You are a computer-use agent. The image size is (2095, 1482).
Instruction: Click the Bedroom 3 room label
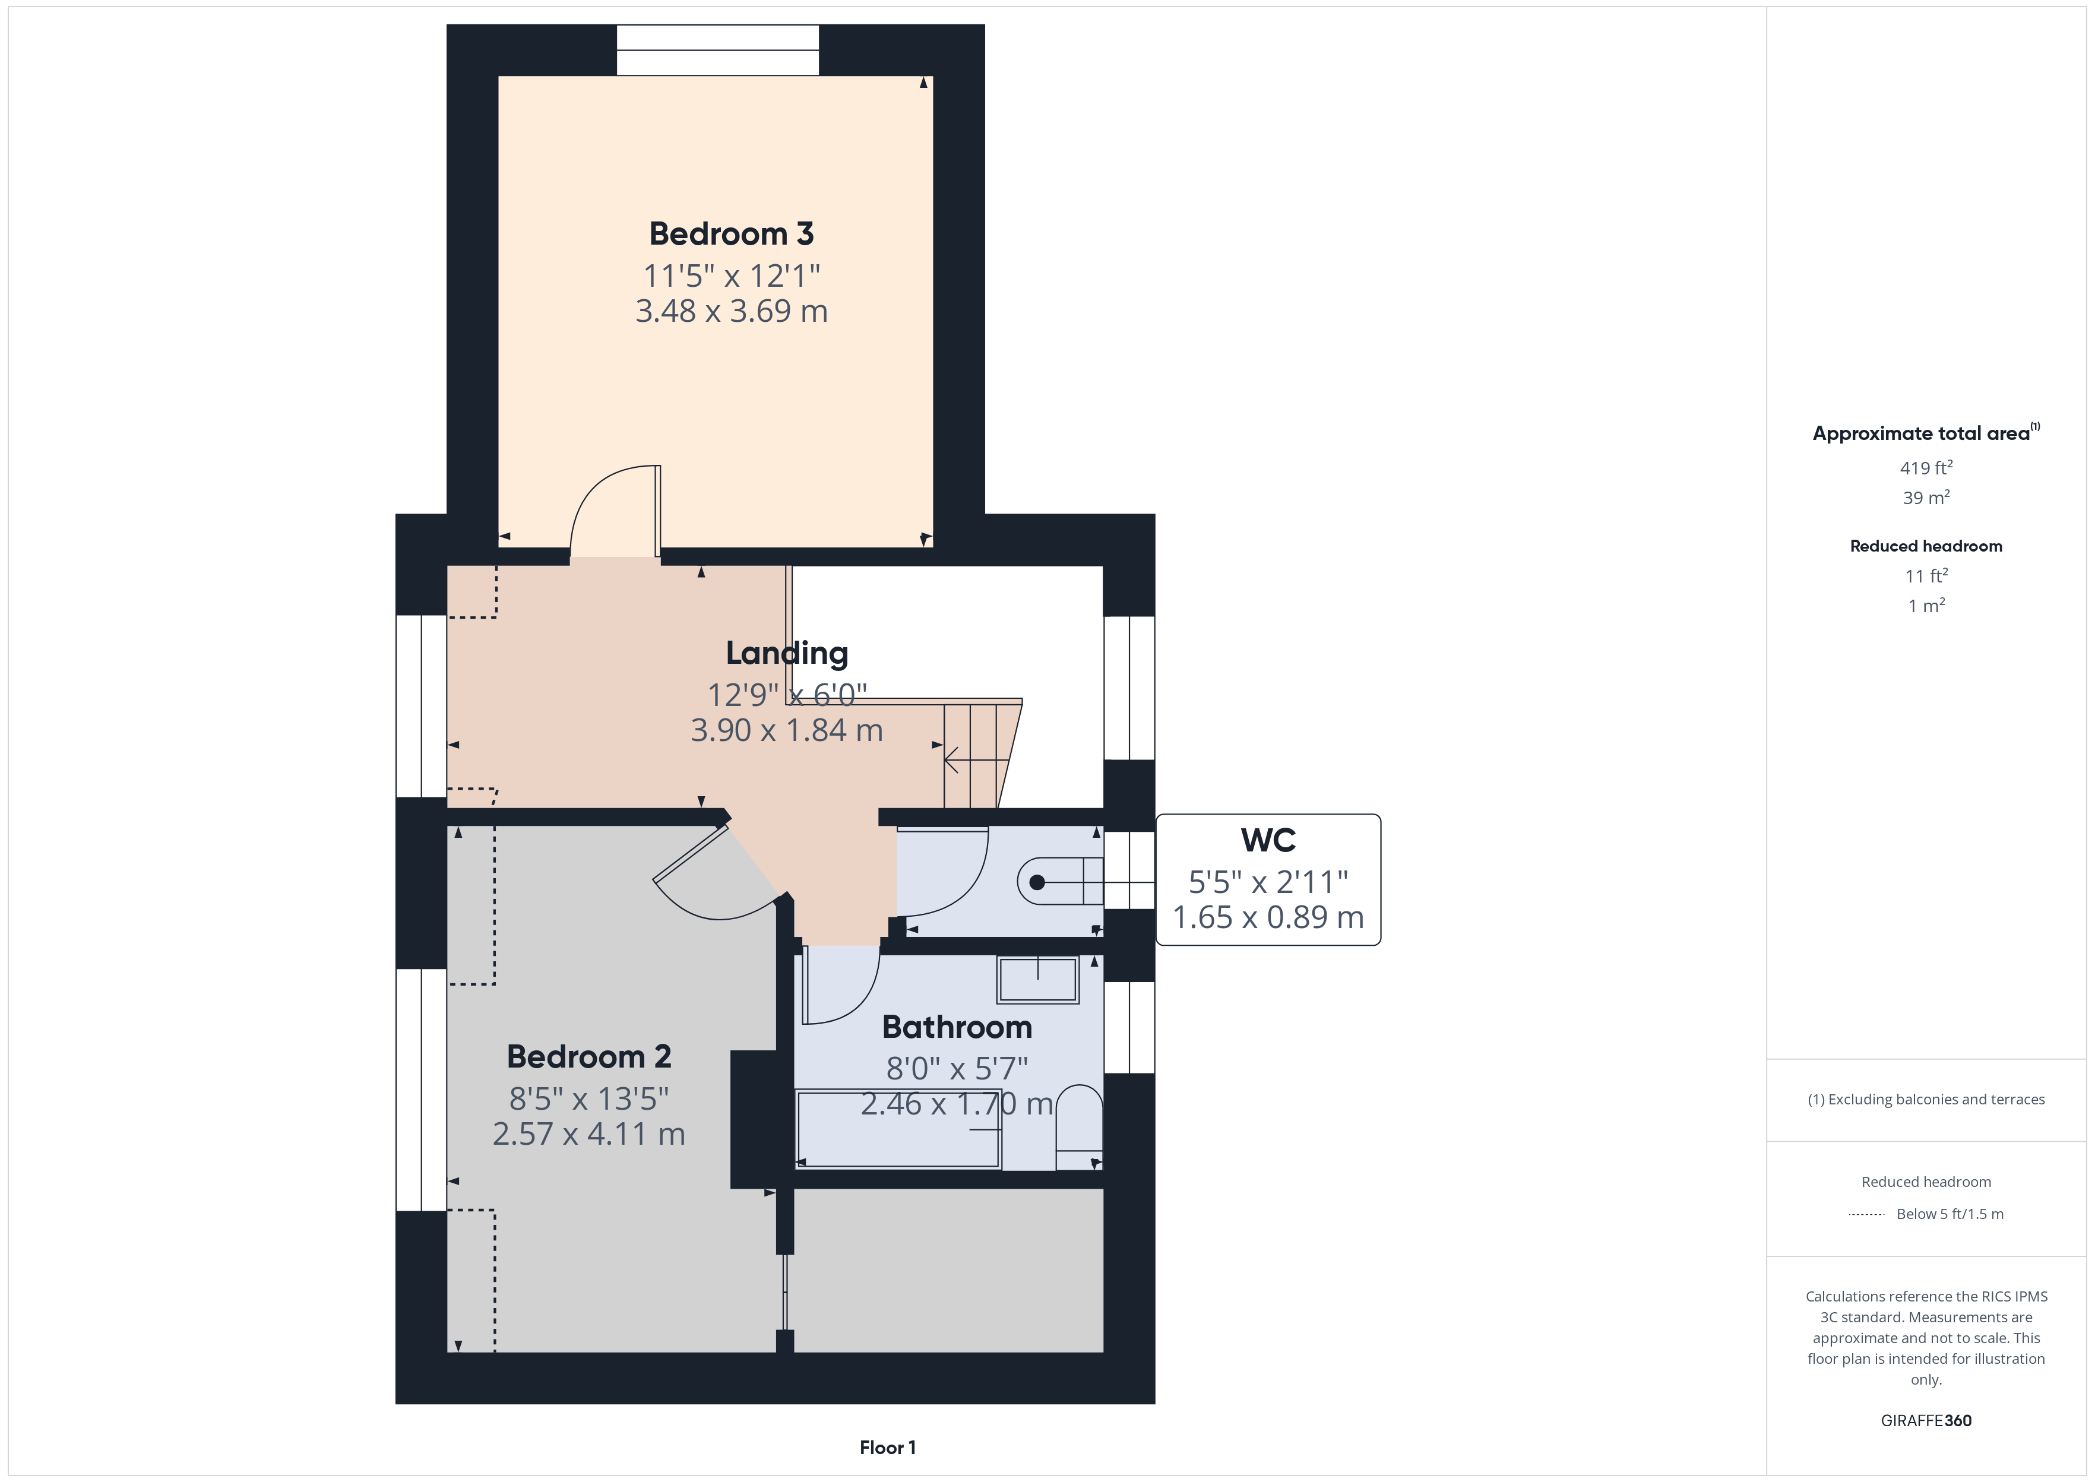[731, 233]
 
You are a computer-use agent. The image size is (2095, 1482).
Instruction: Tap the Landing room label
[787, 653]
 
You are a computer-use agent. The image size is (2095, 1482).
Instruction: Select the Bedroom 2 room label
[588, 1057]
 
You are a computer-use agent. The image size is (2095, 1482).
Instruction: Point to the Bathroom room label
[957, 1028]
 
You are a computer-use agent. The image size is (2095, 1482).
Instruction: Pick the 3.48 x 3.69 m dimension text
[732, 311]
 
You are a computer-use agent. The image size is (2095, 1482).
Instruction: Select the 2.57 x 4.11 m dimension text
[588, 1134]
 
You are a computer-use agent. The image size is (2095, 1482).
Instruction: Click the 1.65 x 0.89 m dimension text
[1268, 917]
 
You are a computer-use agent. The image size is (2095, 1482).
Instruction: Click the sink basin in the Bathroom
[1037, 980]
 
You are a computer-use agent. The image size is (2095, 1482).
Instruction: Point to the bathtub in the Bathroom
[899, 1129]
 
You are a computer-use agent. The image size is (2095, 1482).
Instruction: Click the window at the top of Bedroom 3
[718, 50]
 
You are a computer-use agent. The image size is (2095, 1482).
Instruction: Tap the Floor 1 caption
[887, 1448]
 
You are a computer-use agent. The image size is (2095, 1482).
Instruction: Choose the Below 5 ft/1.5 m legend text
[1950, 1214]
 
